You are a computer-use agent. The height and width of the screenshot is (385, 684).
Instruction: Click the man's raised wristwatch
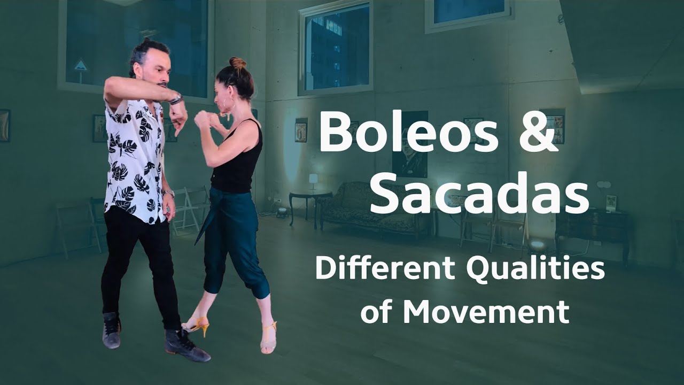(176, 99)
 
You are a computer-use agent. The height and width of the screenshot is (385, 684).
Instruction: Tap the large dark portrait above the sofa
(410, 144)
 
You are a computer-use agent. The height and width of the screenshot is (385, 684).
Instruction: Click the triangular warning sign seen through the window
(81, 66)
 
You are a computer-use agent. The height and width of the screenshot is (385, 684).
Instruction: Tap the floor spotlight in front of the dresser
(537, 245)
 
